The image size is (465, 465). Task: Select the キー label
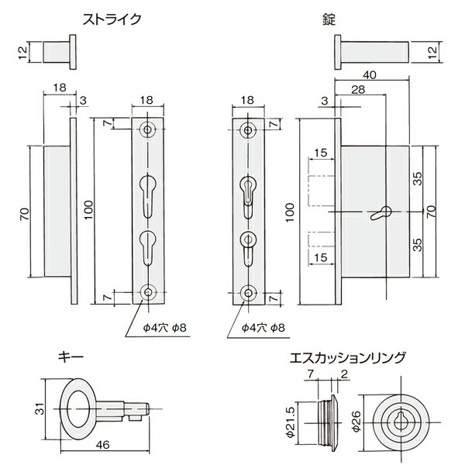pyautogui.click(x=71, y=358)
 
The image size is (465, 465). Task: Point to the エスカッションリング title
pyautogui.click(x=346, y=358)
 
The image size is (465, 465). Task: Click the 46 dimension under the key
pyautogui.click(x=103, y=447)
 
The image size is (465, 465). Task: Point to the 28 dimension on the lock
pyautogui.click(x=357, y=91)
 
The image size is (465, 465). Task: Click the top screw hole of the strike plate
pyautogui.click(x=148, y=129)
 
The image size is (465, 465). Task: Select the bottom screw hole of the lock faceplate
pyautogui.click(x=248, y=294)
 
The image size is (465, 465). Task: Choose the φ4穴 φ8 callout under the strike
pyautogui.click(x=160, y=328)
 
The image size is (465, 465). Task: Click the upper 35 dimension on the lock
pyautogui.click(x=418, y=177)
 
